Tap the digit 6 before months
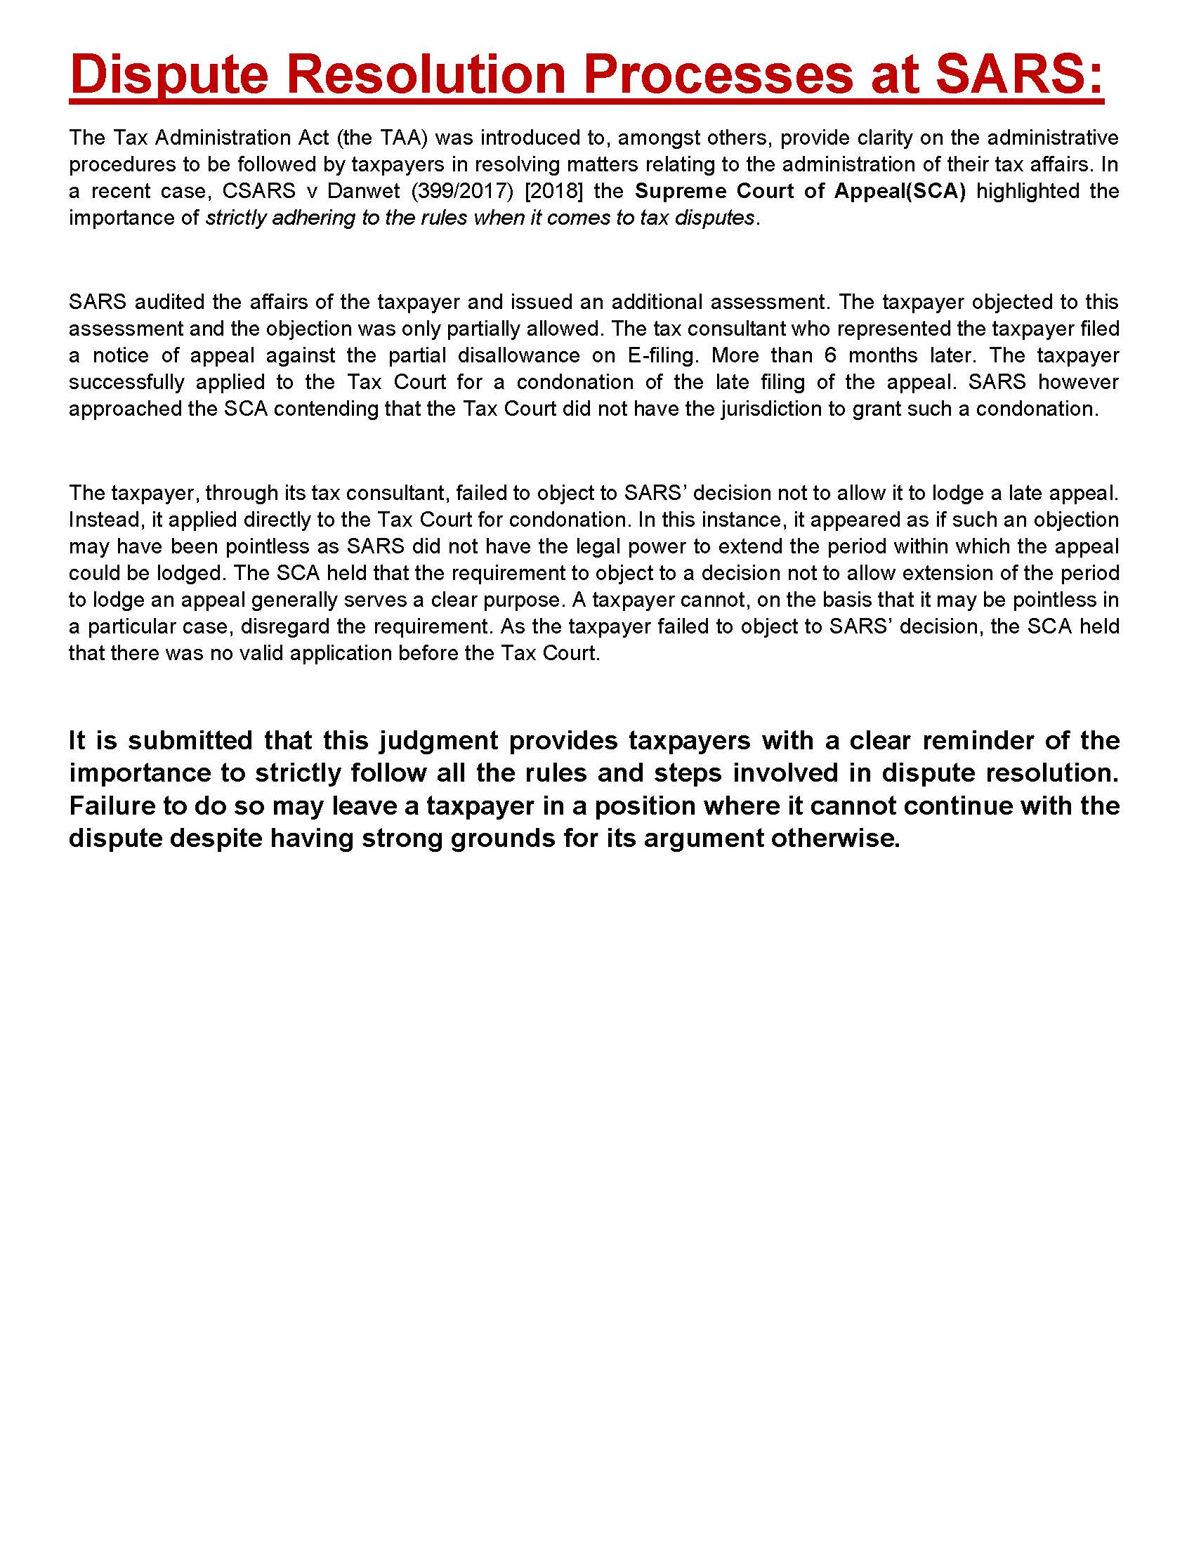(830, 355)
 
